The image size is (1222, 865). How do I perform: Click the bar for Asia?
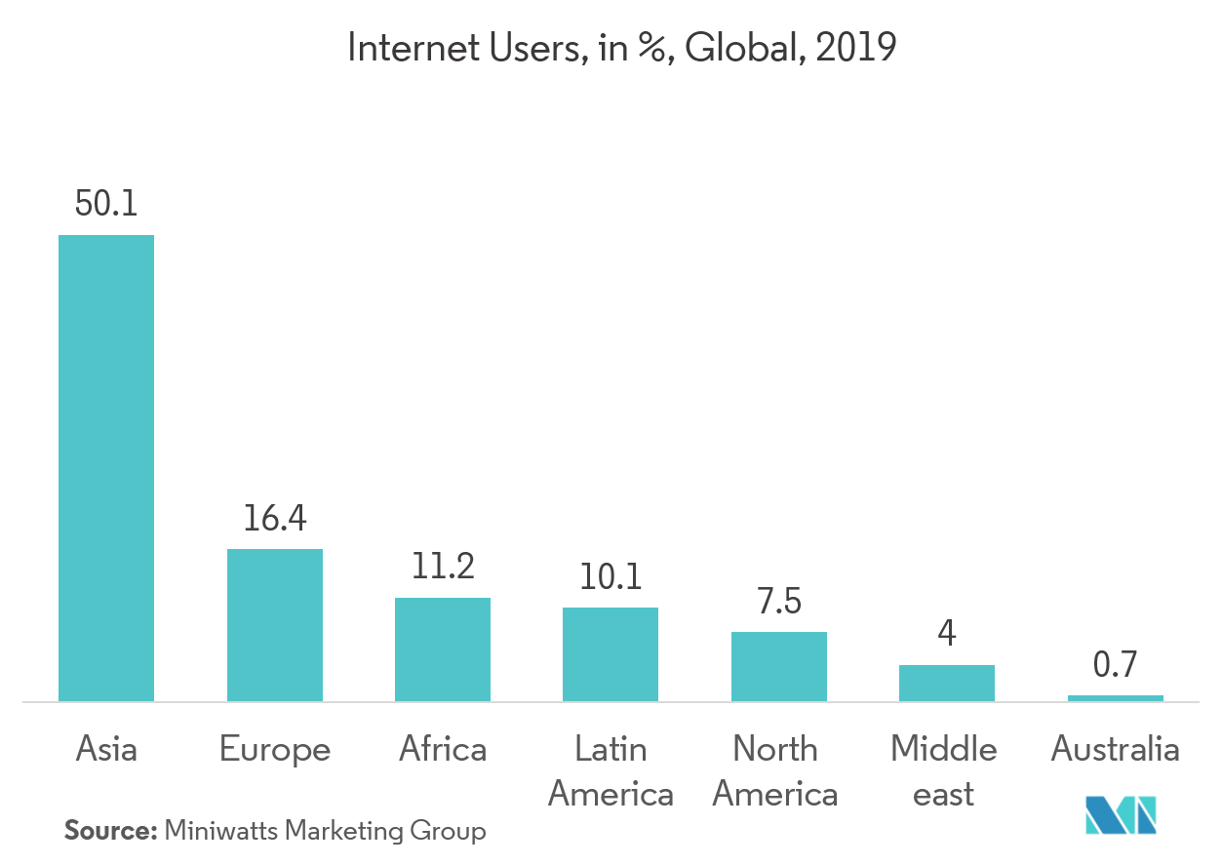click(106, 468)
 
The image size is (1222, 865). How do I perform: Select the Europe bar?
click(275, 625)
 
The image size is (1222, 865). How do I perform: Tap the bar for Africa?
click(443, 649)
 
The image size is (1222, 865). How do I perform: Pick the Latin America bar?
click(611, 654)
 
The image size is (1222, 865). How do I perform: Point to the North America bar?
click(779, 666)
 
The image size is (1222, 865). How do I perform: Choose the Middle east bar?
click(947, 683)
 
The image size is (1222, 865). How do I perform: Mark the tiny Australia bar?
click(1116, 698)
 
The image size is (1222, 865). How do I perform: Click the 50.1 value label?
click(106, 205)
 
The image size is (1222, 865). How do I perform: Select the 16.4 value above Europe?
click(275, 519)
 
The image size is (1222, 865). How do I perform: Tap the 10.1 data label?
click(611, 577)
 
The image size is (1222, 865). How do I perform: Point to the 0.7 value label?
click(1116, 666)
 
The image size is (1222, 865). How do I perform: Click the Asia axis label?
click(106, 749)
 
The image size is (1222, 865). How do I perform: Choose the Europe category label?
click(275, 749)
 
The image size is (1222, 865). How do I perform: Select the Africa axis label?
click(443, 749)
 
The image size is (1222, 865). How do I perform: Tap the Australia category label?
click(1116, 749)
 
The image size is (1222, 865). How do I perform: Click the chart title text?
click(621, 49)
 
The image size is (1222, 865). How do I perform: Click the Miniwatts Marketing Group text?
click(326, 832)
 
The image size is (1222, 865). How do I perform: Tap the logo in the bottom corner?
click(1122, 815)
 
